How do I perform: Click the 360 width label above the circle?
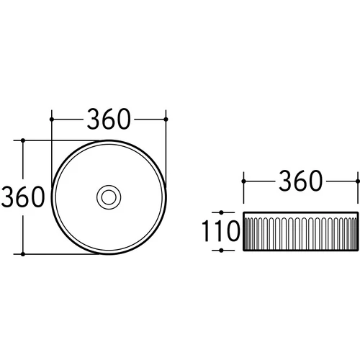tap(109, 119)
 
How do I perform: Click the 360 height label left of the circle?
tap(23, 197)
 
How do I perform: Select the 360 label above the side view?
tap(300, 181)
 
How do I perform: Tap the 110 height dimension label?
tap(221, 231)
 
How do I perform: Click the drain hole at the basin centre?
tap(109, 197)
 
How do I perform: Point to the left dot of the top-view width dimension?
tap(52, 120)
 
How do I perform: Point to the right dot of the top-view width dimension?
tap(166, 120)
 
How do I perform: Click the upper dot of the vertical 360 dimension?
tap(23, 140)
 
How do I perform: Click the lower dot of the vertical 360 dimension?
tap(23, 254)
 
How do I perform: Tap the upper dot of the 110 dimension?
tap(221, 212)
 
